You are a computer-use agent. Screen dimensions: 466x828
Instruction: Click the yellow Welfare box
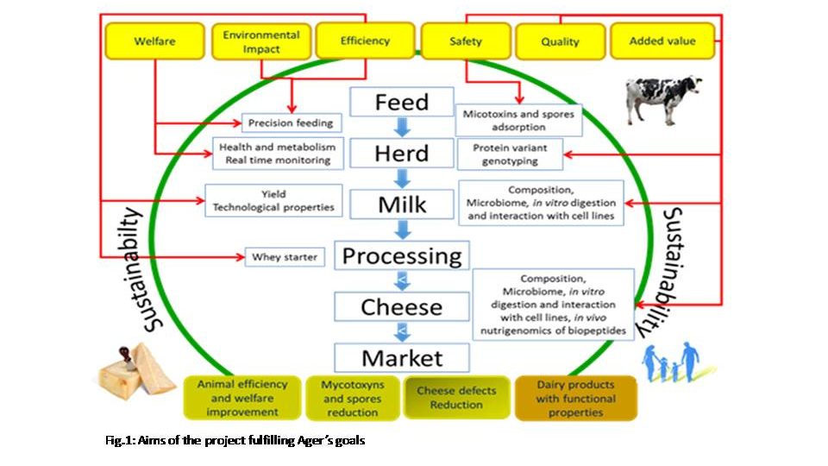coord(155,41)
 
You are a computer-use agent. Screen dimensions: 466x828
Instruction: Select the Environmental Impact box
coord(261,41)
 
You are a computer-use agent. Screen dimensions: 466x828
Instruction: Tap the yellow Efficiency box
coord(365,41)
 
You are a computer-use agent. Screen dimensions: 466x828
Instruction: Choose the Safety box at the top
coord(466,41)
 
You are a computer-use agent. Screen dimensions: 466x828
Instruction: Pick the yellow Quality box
coord(560,41)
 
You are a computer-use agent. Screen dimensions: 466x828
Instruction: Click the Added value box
coord(662,41)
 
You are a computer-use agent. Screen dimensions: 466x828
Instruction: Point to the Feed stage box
coord(401,103)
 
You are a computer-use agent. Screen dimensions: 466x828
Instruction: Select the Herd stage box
coord(401,154)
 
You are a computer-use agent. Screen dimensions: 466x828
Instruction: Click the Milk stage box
coord(401,205)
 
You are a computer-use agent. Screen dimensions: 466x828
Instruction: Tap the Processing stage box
coord(402,256)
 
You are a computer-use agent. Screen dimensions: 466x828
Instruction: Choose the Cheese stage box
coord(402,307)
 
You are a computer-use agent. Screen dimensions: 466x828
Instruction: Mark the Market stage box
coord(402,357)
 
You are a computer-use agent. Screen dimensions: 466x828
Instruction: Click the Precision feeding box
coord(290,123)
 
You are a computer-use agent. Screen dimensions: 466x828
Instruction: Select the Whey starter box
coord(284,256)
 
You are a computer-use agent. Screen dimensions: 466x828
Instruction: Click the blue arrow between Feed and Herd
coord(401,128)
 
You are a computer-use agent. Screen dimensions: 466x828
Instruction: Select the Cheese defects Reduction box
coord(456,398)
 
